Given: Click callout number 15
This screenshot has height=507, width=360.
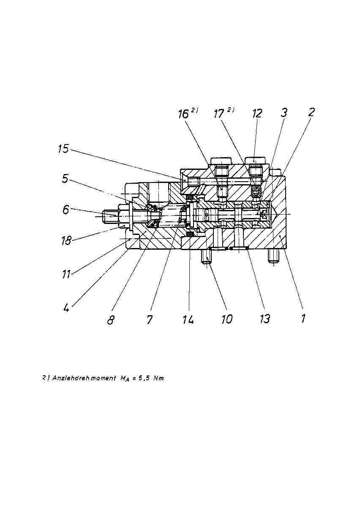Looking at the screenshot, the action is pos(63,149).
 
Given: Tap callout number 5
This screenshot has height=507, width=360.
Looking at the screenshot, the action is pos(65,179).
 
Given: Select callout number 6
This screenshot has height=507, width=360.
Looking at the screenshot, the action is pos(65,210).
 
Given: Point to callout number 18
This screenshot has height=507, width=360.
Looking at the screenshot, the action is pos(66,240).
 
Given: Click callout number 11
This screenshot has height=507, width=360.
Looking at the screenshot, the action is pos(66,274).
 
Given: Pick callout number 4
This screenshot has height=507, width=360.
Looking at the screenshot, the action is pos(66,308).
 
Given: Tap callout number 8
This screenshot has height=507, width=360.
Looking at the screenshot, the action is pos(111,320).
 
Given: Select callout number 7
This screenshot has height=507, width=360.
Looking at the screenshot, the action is pos(150,319).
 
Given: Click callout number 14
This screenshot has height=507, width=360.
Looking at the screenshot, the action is pos(188,319).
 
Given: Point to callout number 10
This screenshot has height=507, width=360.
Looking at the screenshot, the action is pos(226,319).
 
